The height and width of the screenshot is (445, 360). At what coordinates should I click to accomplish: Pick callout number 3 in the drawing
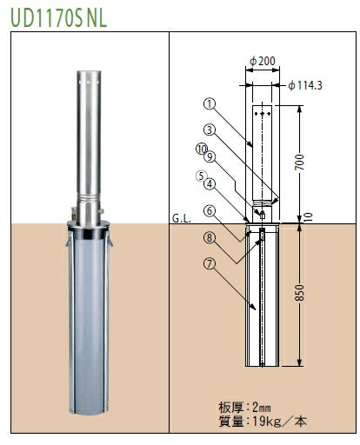209,129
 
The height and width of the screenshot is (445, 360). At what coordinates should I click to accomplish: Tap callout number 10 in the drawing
201,149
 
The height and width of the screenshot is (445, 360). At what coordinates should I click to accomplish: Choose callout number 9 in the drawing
210,157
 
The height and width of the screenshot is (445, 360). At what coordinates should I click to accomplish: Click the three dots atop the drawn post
262,111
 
